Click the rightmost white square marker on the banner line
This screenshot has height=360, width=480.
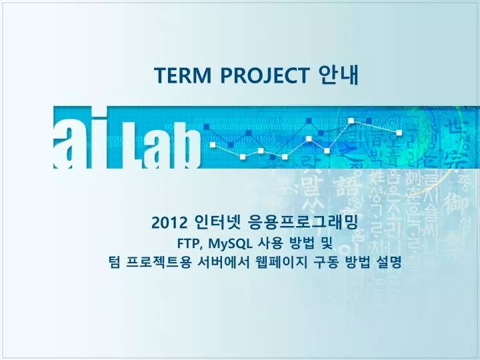(399, 133)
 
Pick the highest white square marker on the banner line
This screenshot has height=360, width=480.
(351, 121)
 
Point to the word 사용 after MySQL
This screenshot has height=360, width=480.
(273, 243)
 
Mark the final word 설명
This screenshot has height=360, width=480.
(389, 263)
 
